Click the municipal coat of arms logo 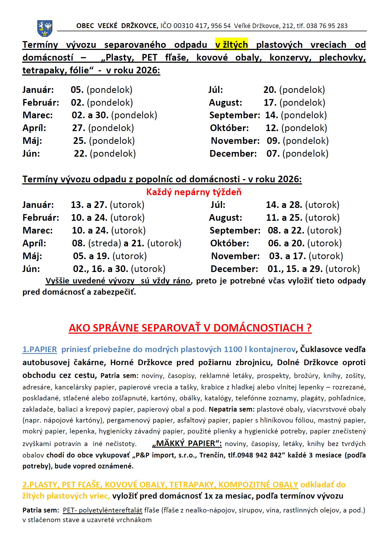(x=45, y=28)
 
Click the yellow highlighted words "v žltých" (x=232, y=45)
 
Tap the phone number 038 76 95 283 (x=327, y=26)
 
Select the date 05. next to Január (x=77, y=90)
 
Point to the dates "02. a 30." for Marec (x=90, y=115)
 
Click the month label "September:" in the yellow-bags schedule (x=235, y=115)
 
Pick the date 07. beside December (x=273, y=153)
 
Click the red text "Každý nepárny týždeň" (x=194, y=192)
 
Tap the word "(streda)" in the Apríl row (x=105, y=243)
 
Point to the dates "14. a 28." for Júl (x=284, y=205)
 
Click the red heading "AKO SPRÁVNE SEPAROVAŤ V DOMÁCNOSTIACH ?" (x=190, y=328)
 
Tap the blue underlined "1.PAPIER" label (x=40, y=349)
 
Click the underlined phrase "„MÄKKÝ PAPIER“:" (x=187, y=443)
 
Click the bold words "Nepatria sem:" (x=232, y=409)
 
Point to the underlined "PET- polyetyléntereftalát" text (x=102, y=510)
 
